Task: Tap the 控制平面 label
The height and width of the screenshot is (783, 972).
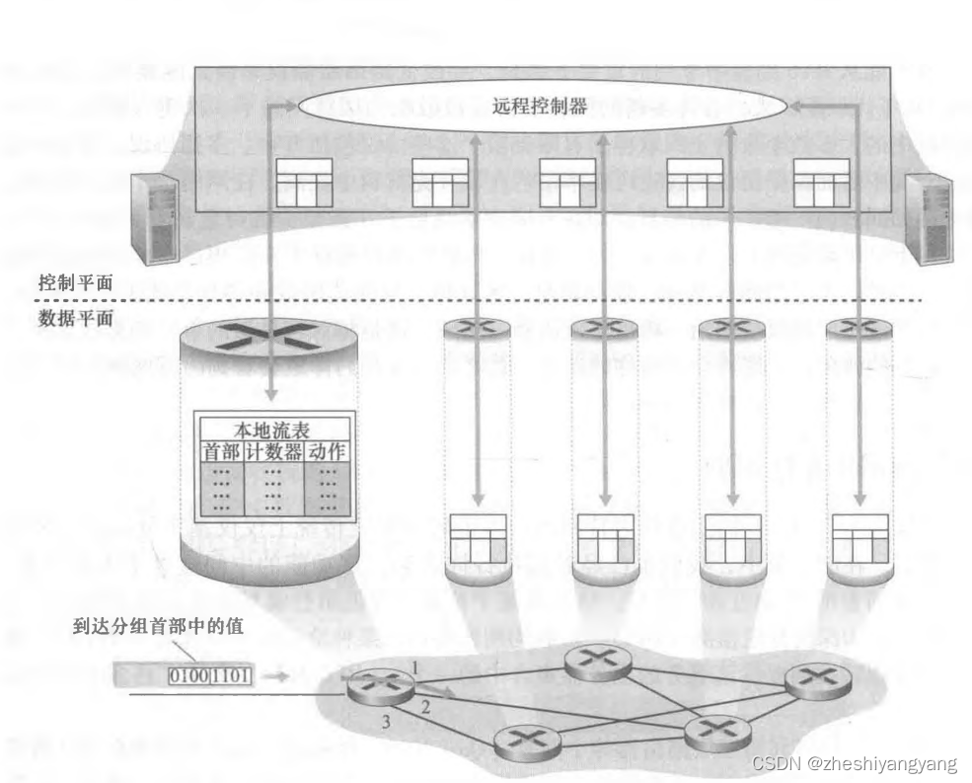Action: pos(75,282)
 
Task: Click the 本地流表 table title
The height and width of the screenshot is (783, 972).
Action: pos(275,431)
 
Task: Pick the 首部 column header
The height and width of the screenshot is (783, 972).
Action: pos(221,452)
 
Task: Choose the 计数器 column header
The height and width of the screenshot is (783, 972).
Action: pos(273,452)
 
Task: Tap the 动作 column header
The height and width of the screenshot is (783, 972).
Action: pos(328,452)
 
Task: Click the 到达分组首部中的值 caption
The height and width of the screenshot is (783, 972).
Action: pos(158,626)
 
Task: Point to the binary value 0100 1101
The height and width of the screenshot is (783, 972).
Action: pos(210,676)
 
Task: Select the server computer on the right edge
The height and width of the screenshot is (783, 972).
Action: pos(930,216)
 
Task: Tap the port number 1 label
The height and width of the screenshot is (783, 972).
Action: pos(415,669)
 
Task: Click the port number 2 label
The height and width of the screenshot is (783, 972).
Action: pos(424,705)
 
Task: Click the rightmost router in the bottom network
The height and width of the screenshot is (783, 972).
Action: pos(816,680)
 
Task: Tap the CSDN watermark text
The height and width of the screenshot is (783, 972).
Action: pos(854,764)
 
